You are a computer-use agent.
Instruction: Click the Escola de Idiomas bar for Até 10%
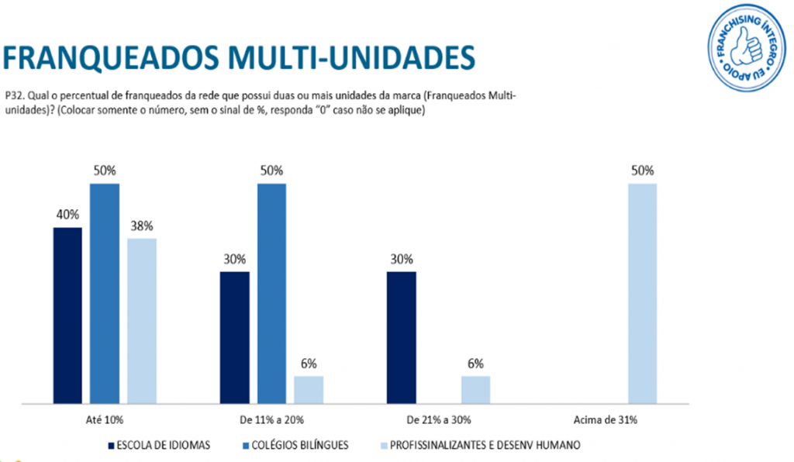(x=67, y=315)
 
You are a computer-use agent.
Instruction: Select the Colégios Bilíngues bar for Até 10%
(x=105, y=294)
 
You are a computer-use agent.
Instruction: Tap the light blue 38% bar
(x=142, y=321)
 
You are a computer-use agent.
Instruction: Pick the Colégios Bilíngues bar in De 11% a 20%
(x=271, y=294)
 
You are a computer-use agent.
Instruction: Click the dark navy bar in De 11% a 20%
(x=234, y=338)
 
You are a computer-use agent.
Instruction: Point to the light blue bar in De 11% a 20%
(x=309, y=390)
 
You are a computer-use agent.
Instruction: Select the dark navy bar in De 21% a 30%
(x=402, y=338)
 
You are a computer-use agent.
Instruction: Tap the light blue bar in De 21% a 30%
(x=475, y=390)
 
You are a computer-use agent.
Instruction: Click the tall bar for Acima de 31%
(x=642, y=294)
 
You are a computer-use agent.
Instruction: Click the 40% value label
(x=67, y=215)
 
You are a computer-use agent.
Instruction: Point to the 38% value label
(x=142, y=226)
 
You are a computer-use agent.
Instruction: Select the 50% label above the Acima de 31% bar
(x=642, y=171)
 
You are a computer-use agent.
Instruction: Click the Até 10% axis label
(x=105, y=420)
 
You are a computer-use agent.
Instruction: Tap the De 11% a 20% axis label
(x=271, y=420)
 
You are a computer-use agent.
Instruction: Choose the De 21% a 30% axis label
(x=438, y=420)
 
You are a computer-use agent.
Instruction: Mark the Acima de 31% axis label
(x=606, y=420)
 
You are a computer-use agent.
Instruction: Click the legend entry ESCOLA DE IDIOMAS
(x=159, y=445)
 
